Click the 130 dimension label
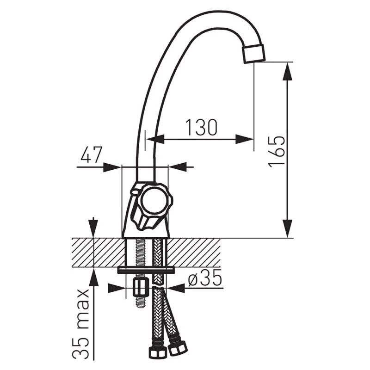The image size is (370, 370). [x=201, y=127]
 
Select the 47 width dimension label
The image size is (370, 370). [x=91, y=155]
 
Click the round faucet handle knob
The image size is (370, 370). [x=154, y=202]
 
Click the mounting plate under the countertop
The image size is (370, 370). [x=146, y=270]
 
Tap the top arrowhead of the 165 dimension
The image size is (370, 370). [x=288, y=69]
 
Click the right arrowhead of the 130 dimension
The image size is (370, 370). [x=245, y=139]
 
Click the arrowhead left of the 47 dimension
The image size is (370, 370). [x=113, y=167]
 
